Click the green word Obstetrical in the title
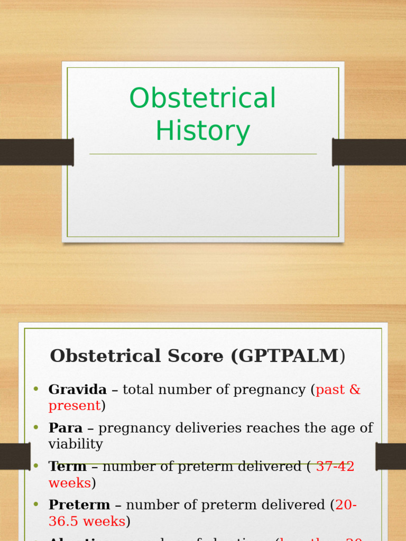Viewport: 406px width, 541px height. pyautogui.click(x=202, y=98)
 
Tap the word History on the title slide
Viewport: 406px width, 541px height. pyautogui.click(x=202, y=131)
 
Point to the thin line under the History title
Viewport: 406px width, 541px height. pyautogui.click(x=203, y=154)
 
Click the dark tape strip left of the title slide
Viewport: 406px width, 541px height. pyautogui.click(x=36, y=152)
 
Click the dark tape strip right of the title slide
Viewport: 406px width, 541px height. pyautogui.click(x=369, y=152)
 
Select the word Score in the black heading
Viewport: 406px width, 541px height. pyautogui.click(x=197, y=356)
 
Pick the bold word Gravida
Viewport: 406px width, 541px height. pyautogui.click(x=77, y=390)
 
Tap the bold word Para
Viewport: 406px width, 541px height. pyautogui.click(x=66, y=428)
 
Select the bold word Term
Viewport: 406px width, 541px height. pyautogui.click(x=68, y=467)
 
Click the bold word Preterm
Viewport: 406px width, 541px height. pyautogui.click(x=79, y=505)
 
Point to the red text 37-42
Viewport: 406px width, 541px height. pyautogui.click(x=335, y=467)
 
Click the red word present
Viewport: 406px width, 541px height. pyautogui.click(x=75, y=406)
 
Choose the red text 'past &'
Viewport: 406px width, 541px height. pyautogui.click(x=338, y=390)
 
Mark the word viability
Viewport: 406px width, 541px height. pyautogui.click(x=76, y=444)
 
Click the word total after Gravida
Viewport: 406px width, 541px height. pyautogui.click(x=139, y=390)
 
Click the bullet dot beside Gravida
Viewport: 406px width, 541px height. pyautogui.click(x=36, y=389)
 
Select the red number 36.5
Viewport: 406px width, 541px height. pyautogui.click(x=64, y=521)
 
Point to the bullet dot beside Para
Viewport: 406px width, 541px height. pyautogui.click(x=36, y=427)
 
